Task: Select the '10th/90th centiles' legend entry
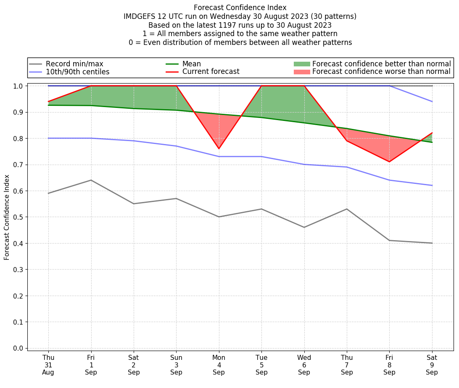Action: point(77,72)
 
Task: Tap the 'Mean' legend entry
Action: point(191,64)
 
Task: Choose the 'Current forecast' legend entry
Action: point(211,71)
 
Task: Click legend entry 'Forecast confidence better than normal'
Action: point(381,64)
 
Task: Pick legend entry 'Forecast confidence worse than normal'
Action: point(381,72)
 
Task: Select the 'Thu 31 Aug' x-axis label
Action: point(48,364)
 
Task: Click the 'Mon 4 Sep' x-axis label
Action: point(219,364)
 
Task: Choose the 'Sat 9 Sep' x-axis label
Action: point(432,364)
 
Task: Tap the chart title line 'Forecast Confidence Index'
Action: point(240,8)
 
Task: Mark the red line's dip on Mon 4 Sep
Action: point(219,149)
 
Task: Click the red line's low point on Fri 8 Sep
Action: point(390,162)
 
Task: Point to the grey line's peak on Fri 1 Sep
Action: point(91,180)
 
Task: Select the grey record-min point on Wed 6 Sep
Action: point(304,227)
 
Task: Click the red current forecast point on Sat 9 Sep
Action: point(432,133)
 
